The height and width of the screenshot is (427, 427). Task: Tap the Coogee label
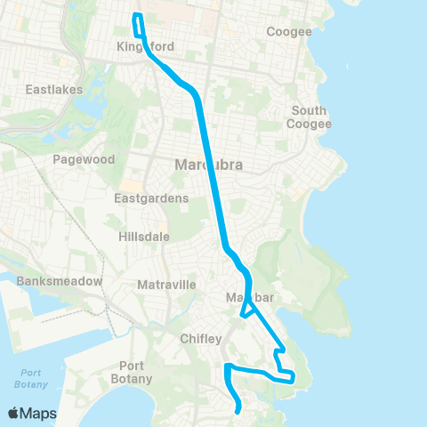289,32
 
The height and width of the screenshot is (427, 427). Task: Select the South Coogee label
309,117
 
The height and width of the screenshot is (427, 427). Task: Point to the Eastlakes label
53,90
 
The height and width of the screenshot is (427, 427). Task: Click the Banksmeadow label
59,281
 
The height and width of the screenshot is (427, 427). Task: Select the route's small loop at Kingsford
138,20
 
